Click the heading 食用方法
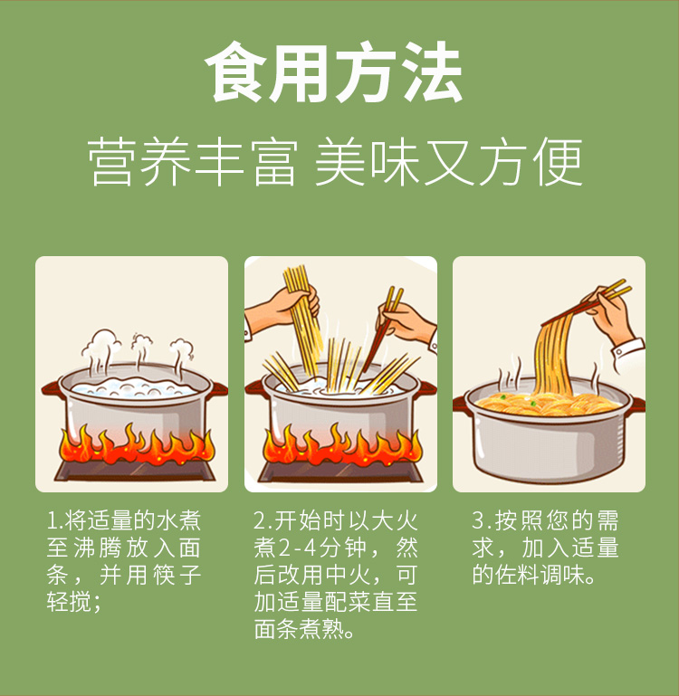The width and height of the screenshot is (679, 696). [x=333, y=72]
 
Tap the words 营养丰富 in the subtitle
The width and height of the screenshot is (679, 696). [x=192, y=162]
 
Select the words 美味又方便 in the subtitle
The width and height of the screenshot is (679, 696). [x=448, y=162]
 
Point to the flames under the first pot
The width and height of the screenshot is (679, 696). [x=137, y=446]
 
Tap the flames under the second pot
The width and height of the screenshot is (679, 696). [x=342, y=446]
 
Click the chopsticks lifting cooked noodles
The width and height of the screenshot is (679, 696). [x=586, y=301]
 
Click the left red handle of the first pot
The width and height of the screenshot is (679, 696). [x=53, y=389]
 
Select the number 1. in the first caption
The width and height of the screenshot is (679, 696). [x=55, y=520]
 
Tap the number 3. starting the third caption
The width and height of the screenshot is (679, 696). [x=482, y=520]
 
